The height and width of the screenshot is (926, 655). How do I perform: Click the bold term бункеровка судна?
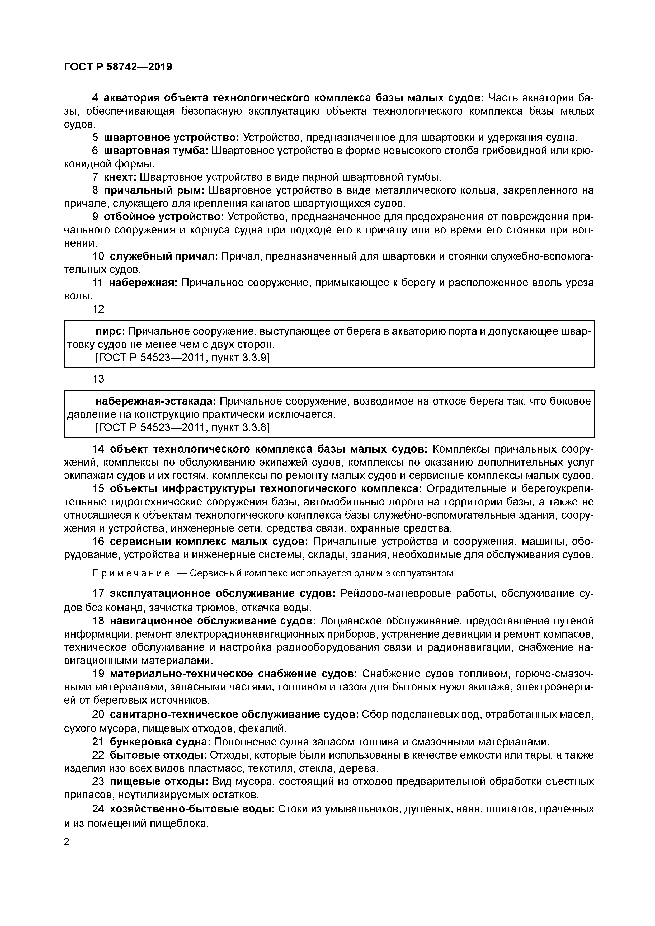point(160,742)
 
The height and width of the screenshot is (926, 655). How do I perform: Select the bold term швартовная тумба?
point(156,151)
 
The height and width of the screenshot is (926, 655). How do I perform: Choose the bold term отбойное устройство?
point(164,217)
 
